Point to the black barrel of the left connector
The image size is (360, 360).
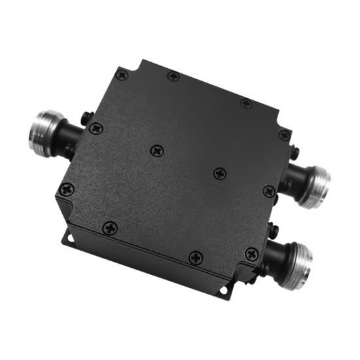tap(70, 139)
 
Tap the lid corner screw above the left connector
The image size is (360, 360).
tap(121, 75)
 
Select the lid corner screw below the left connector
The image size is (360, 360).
tap(67, 190)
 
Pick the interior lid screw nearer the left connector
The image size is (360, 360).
tap(157, 151)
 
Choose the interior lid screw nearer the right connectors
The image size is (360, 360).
tap(221, 173)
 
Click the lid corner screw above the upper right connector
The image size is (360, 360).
tap(284, 135)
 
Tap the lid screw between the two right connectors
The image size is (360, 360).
tap(268, 191)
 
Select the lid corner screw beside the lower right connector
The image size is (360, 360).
tap(252, 253)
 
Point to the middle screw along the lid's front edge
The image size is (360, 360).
tap(194, 258)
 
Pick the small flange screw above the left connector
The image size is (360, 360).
tap(87, 118)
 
